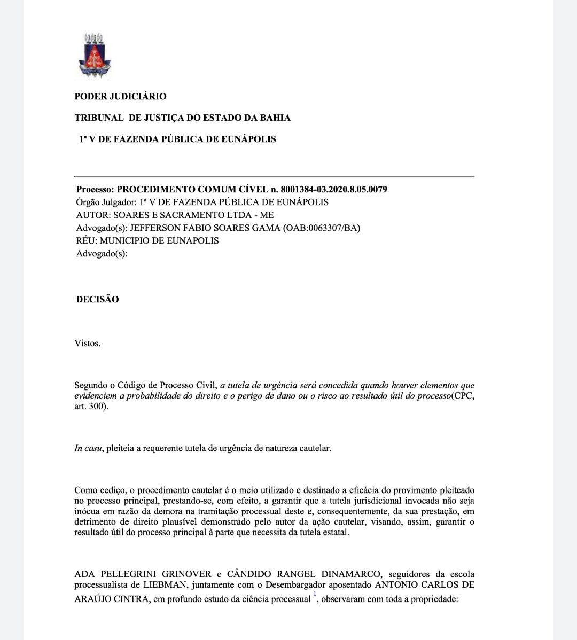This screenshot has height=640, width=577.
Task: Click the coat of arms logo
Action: click(95, 54)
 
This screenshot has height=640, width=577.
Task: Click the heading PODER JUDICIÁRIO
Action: click(120, 97)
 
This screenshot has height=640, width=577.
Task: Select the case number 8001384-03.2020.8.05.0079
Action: click(334, 190)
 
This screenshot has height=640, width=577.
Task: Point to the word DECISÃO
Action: click(97, 300)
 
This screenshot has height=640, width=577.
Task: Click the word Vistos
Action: click(88, 344)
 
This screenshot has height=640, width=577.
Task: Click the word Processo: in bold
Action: click(95, 190)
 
